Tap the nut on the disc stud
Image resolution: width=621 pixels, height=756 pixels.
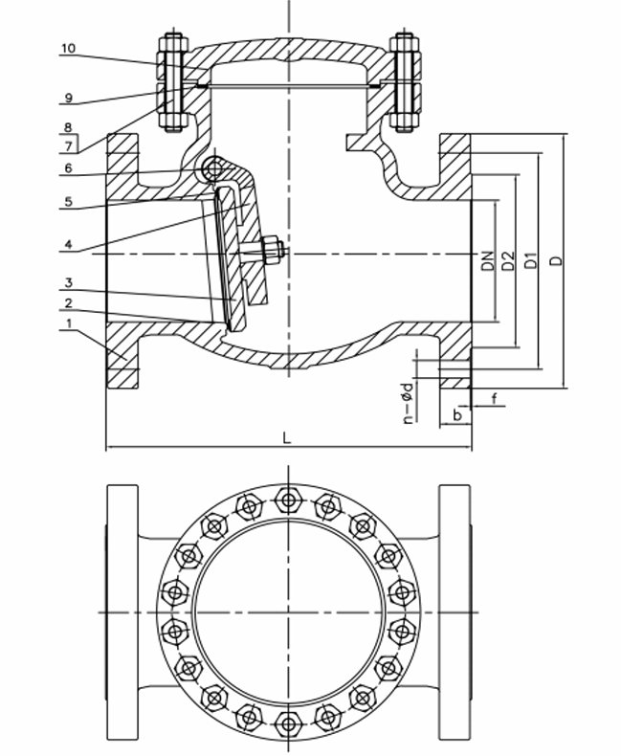pyautogui.click(x=273, y=251)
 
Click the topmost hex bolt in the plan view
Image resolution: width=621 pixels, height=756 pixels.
pyautogui.click(x=287, y=499)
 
